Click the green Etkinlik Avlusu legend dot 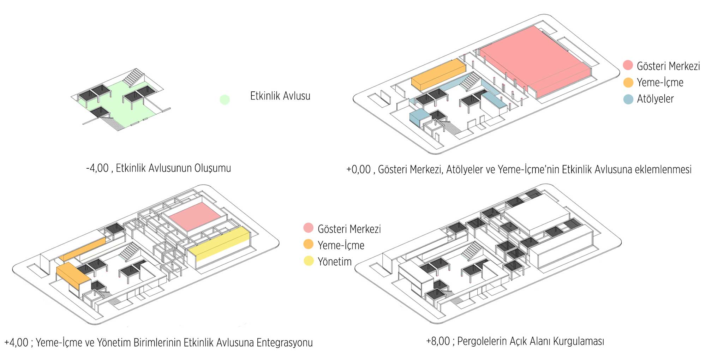(225, 100)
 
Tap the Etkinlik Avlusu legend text (280, 96)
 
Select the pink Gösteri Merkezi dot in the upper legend (628, 65)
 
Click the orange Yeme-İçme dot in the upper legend (628, 83)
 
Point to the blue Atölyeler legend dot (628, 99)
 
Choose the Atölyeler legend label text (655, 99)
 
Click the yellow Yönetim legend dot (309, 261)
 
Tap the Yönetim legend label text (335, 262)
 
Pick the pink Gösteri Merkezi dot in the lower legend (309, 228)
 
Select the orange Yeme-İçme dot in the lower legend (309, 244)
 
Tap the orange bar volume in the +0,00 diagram (438, 74)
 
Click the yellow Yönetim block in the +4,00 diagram (219, 244)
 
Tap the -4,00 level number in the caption (97, 168)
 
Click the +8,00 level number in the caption (438, 341)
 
